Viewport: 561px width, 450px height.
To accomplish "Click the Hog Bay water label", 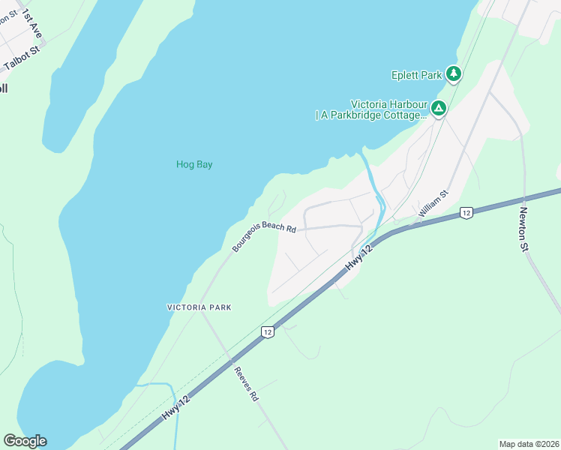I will coord(194,164).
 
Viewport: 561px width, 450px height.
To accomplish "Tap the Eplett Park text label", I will coord(417,75).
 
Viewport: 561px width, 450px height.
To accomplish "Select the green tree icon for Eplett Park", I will coord(453,73).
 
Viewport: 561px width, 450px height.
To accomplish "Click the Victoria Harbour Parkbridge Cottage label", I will coord(371,109).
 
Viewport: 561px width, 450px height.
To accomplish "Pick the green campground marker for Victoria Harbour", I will coord(438,109).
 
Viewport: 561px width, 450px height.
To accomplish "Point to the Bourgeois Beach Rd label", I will coord(264,235).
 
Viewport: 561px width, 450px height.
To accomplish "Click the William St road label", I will coord(433,204).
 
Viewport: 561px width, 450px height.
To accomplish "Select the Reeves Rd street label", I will coord(246,385).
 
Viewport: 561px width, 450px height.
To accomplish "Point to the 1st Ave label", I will coord(31,24).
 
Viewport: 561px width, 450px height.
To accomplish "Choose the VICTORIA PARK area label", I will coord(199,307).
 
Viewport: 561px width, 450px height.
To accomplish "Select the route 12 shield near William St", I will coord(466,213).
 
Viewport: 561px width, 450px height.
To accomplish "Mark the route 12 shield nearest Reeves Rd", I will coord(266,331).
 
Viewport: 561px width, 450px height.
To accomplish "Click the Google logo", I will coord(25,441).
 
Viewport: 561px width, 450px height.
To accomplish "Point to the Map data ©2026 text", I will coord(528,444).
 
